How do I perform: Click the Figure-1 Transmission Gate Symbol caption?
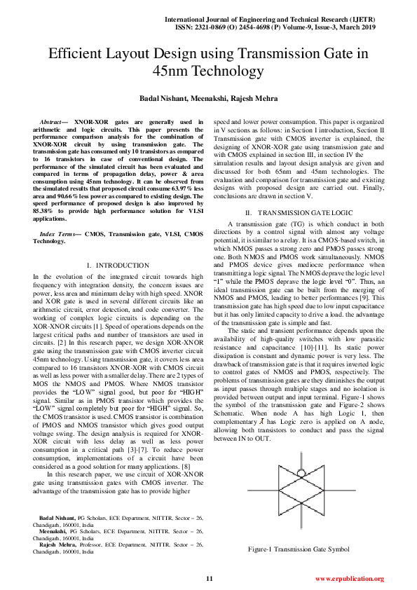click(x=299, y=549)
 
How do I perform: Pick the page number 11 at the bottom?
click(x=209, y=578)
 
